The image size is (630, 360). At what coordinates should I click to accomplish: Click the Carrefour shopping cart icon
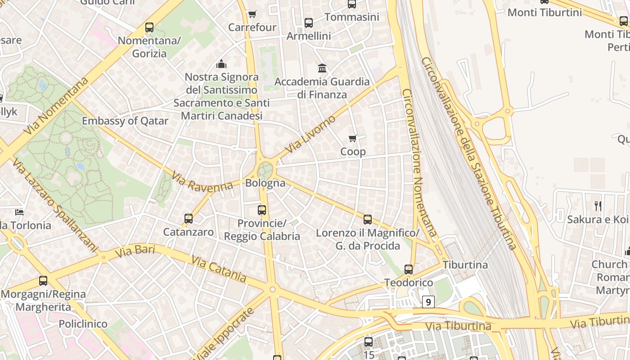252,14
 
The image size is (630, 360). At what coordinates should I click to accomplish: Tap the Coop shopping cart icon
353,138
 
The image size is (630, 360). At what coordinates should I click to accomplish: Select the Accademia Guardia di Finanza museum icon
322,68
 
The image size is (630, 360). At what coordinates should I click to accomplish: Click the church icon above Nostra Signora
221,64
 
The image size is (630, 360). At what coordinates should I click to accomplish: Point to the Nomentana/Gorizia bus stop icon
149,27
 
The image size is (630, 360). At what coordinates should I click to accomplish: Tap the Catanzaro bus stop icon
189,219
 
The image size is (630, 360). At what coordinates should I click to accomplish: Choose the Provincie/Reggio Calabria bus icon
262,210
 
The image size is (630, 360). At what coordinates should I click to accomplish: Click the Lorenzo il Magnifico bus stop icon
368,220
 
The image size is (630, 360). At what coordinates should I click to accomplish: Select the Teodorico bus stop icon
409,270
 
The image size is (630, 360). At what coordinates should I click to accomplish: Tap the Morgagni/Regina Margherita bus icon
43,281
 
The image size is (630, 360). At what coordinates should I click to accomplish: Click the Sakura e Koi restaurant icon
598,206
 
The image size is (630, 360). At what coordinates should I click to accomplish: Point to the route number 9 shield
428,301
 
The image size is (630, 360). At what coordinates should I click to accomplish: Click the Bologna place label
265,183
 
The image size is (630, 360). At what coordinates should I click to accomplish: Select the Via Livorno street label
310,134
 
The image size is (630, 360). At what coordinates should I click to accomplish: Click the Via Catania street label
219,269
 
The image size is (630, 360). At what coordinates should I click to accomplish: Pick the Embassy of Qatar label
125,121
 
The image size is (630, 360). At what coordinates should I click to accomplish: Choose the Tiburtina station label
465,265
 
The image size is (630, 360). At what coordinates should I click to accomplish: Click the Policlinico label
83,324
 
